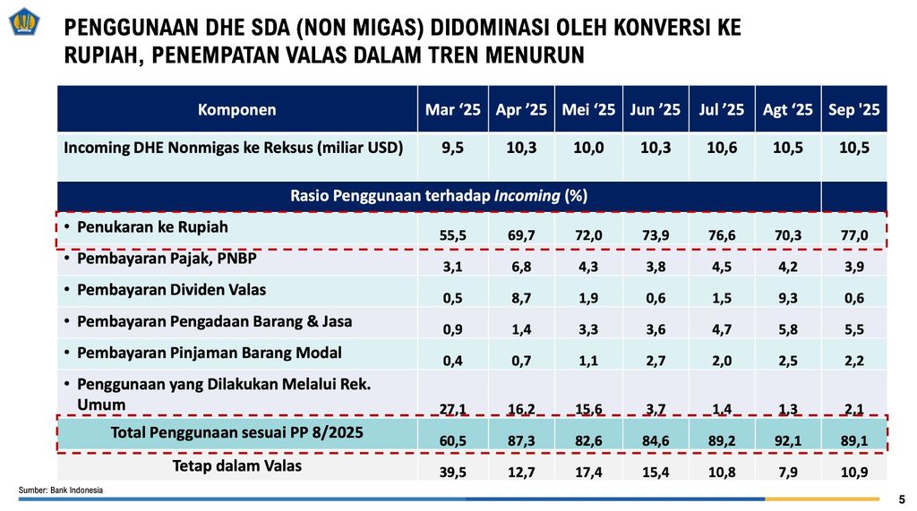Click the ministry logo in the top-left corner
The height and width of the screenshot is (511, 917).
click(x=26, y=21)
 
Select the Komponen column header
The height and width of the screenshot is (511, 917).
click(x=237, y=110)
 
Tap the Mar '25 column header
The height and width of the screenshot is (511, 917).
click(x=453, y=110)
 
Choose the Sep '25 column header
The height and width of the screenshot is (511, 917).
click(x=854, y=110)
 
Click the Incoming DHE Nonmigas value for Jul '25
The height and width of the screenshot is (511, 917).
click(x=722, y=149)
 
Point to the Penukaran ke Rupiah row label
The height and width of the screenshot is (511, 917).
click(x=152, y=227)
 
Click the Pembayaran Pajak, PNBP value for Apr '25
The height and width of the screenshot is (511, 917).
click(x=521, y=267)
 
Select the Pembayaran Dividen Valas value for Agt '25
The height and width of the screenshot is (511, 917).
click(x=788, y=297)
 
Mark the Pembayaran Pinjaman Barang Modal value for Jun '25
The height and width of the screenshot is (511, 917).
click(x=656, y=360)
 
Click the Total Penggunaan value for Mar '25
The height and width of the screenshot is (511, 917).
click(x=453, y=440)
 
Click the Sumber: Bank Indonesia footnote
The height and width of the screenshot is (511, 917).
click(x=61, y=490)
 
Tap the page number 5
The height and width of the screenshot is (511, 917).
click(x=902, y=498)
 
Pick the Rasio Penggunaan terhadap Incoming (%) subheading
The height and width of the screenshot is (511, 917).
click(x=439, y=195)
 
